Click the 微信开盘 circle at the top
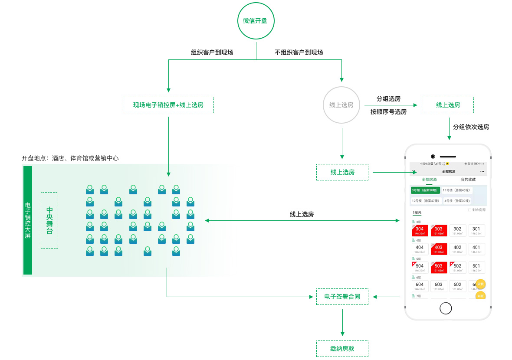click(x=256, y=21)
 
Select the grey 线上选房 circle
click(x=341, y=105)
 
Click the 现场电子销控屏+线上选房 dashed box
click(x=168, y=105)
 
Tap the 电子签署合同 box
click(x=342, y=297)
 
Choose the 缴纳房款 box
click(x=342, y=349)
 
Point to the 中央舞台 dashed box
click(x=49, y=220)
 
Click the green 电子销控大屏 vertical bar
click(x=28, y=220)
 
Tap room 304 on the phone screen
click(x=420, y=230)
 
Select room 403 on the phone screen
click(x=439, y=249)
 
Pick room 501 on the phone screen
click(x=476, y=267)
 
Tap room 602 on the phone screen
click(x=457, y=286)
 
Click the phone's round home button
click(x=446, y=308)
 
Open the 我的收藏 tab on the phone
click(x=468, y=180)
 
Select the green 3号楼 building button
click(x=425, y=190)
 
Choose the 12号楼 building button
click(x=426, y=201)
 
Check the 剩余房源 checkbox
click(x=469, y=210)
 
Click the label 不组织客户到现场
click(x=299, y=52)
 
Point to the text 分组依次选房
click(x=471, y=127)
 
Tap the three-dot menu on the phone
click(x=482, y=172)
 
